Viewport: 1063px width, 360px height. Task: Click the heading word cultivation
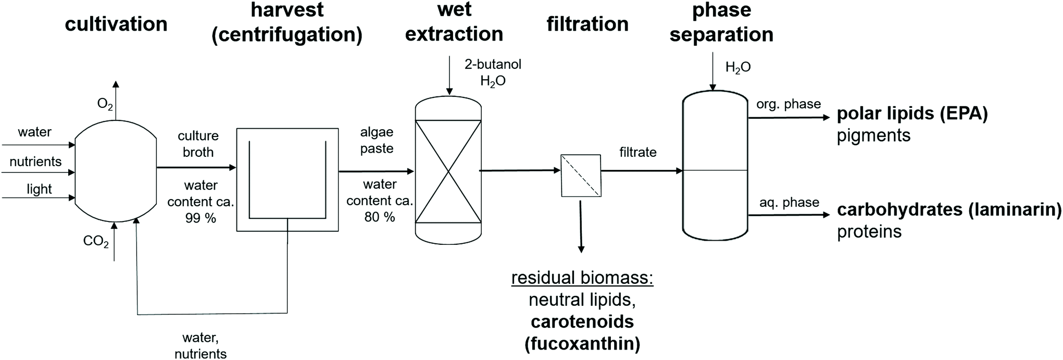pyautogui.click(x=116, y=24)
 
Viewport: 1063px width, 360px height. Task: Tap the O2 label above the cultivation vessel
pyautogui.click(x=105, y=104)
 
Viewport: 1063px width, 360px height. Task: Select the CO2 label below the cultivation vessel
pyautogui.click(x=96, y=242)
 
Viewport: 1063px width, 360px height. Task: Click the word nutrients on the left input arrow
pyautogui.click(x=35, y=162)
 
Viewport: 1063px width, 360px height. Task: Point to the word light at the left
pyautogui.click(x=39, y=189)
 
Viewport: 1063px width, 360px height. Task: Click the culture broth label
pyautogui.click(x=198, y=144)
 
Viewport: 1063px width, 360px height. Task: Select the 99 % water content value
pyautogui.click(x=201, y=218)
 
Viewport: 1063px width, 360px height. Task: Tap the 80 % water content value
pyautogui.click(x=379, y=217)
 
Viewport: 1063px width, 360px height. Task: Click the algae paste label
pyautogui.click(x=377, y=140)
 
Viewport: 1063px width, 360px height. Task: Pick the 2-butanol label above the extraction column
pyautogui.click(x=493, y=65)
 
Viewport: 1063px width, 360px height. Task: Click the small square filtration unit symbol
pyautogui.click(x=581, y=176)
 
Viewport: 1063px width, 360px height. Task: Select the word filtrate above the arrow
pyautogui.click(x=637, y=152)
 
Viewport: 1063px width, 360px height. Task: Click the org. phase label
pyautogui.click(x=788, y=104)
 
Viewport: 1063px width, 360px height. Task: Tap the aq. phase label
pyautogui.click(x=789, y=202)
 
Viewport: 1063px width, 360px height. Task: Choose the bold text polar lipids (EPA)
pyautogui.click(x=912, y=114)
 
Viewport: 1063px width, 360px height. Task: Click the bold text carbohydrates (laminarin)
pyautogui.click(x=949, y=209)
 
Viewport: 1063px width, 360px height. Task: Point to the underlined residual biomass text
pyautogui.click(x=582, y=278)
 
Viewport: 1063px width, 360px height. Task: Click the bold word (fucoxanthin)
pyautogui.click(x=582, y=344)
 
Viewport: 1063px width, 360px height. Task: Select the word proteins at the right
pyautogui.click(x=869, y=231)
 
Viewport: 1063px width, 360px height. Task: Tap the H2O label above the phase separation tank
pyautogui.click(x=737, y=67)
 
